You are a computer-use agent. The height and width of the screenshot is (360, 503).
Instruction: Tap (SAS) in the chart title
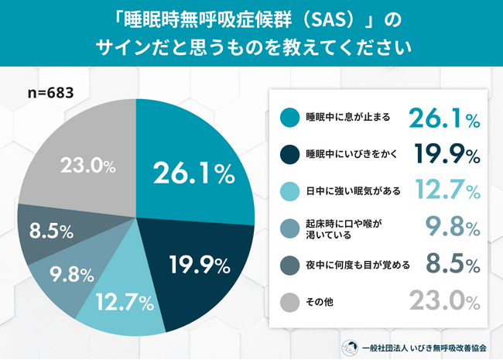299,17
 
